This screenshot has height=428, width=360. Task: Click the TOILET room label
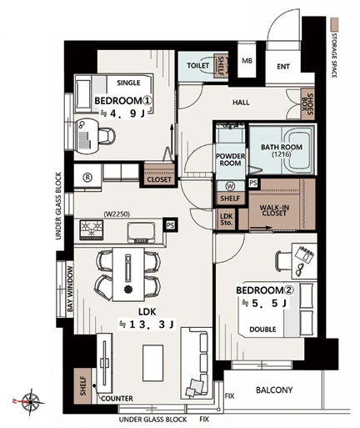(x=197, y=66)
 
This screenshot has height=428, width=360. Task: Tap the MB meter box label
(x=247, y=61)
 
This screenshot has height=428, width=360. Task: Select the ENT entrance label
(x=283, y=67)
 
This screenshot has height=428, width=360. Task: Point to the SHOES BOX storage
(x=308, y=104)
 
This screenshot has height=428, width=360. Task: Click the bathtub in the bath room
(x=299, y=151)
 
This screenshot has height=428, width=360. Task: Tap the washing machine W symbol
(x=230, y=186)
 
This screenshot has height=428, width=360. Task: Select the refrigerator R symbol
(x=87, y=177)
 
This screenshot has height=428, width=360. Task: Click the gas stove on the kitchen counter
(x=92, y=229)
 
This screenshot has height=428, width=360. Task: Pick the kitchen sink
(x=141, y=233)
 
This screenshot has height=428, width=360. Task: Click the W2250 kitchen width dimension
(x=117, y=214)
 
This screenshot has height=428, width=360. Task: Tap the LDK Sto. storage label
(x=226, y=219)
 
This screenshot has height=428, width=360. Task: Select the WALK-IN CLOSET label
(x=274, y=210)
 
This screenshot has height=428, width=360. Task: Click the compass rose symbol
(x=30, y=401)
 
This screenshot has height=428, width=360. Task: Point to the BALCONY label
(x=274, y=390)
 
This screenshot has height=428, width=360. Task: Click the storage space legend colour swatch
(x=334, y=24)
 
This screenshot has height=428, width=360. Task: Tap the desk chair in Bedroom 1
(x=107, y=136)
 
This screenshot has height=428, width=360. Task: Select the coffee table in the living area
(x=152, y=363)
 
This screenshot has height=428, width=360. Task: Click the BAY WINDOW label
(x=70, y=290)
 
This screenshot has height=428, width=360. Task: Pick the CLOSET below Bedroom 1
(x=159, y=174)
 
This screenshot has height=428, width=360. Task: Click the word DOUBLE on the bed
(x=262, y=330)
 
